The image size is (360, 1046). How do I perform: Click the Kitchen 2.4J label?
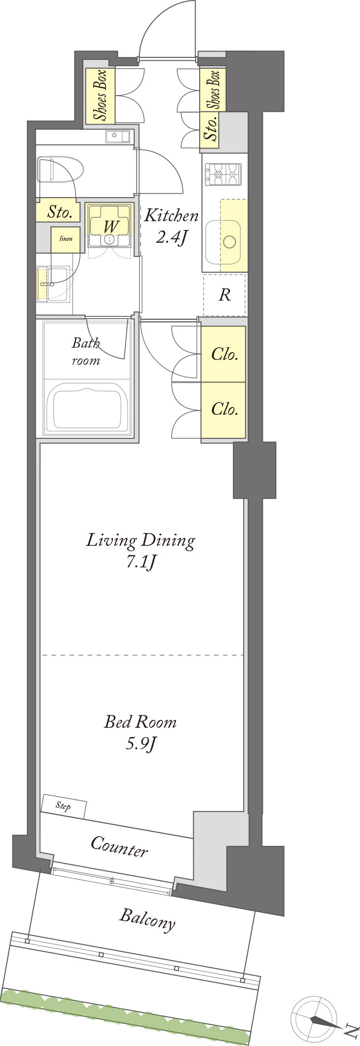pyautogui.click(x=171, y=227)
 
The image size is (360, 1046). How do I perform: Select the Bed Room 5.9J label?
pyautogui.click(x=140, y=732)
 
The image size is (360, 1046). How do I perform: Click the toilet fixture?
pyautogui.click(x=61, y=170)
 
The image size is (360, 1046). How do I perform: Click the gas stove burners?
pyautogui.click(x=224, y=175)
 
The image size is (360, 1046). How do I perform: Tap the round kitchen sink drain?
pyautogui.click(x=230, y=242)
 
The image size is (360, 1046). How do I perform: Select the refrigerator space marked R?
pyautogui.click(x=225, y=295)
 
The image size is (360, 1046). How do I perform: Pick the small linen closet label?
pyautogui.click(x=66, y=239)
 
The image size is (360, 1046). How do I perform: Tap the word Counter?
pyautogui.click(x=119, y=847)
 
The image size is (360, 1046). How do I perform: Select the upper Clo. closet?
pyautogui.click(x=224, y=355)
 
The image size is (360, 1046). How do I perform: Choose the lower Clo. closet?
pyautogui.click(x=224, y=409)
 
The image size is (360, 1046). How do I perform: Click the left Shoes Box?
pyautogui.click(x=101, y=96)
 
